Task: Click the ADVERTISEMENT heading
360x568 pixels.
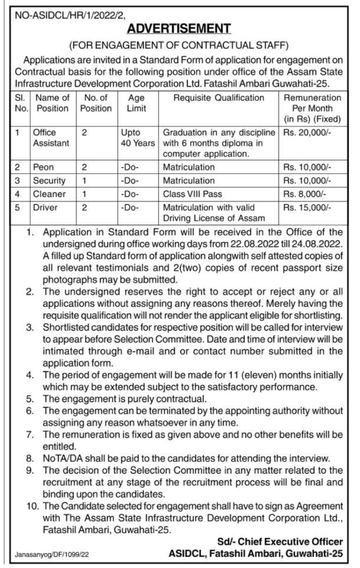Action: (179, 29)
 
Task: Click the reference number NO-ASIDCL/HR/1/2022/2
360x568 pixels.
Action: (71, 16)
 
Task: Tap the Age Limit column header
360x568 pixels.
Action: (136, 103)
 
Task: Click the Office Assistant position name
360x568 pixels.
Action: (51, 138)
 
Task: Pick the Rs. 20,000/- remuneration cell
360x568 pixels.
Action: (303, 132)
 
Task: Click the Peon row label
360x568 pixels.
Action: (43, 167)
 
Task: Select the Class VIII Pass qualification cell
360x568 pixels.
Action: (192, 194)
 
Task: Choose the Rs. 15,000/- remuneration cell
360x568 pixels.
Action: (303, 207)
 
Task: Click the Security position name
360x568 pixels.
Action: (49, 181)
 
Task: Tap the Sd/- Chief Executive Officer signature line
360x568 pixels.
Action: (280, 542)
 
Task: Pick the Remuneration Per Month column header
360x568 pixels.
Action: (312, 108)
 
